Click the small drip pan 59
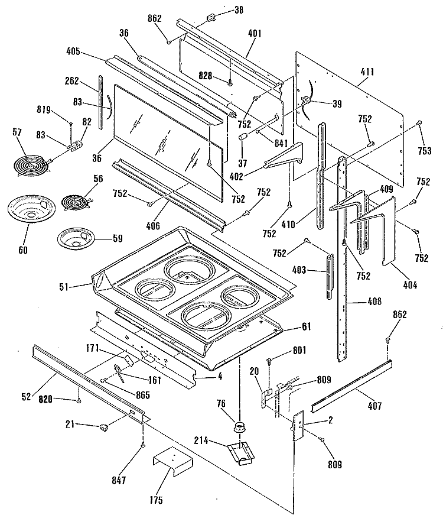click(77, 239)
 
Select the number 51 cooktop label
click(64, 287)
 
